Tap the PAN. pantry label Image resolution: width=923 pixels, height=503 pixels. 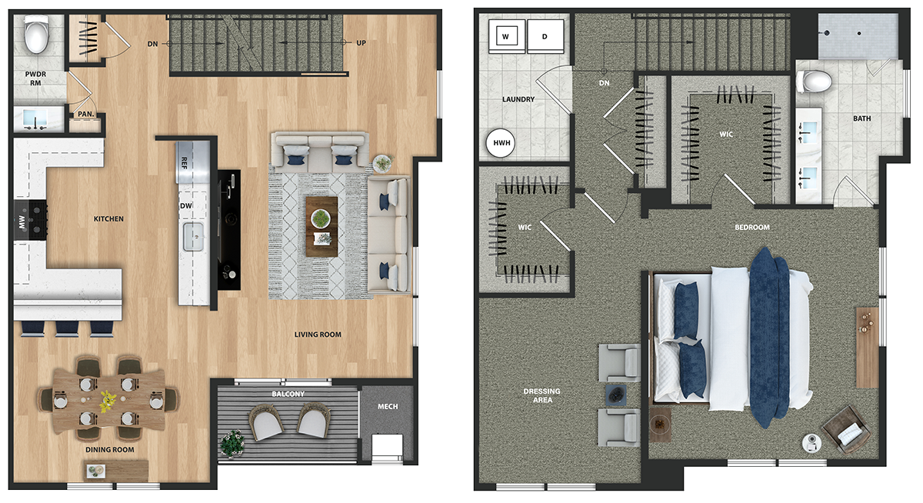coord(85,114)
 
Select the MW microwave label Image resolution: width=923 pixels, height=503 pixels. coord(22,222)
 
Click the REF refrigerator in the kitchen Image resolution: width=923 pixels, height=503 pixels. coord(193,162)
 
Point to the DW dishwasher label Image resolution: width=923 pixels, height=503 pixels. coord(186,205)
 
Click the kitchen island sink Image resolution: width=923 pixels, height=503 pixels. coord(193,236)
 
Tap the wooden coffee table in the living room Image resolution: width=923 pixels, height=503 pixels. coord(322,226)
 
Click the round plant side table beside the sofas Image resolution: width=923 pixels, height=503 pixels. coord(383,164)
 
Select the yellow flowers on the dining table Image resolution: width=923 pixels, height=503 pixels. coord(108,401)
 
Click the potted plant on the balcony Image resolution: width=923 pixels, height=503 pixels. coord(233,443)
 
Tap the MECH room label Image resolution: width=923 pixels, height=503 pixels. coord(388,407)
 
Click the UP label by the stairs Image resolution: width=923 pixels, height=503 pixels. coord(361,43)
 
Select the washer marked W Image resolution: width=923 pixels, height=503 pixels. coord(507,36)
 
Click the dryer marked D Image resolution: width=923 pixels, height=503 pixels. coord(545,36)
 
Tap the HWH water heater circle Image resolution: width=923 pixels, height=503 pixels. coord(501,143)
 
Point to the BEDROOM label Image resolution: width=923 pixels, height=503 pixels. coord(752,227)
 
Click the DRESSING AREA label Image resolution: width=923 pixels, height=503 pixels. coord(541,395)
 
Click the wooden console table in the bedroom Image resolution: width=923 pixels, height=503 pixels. coord(868,348)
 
